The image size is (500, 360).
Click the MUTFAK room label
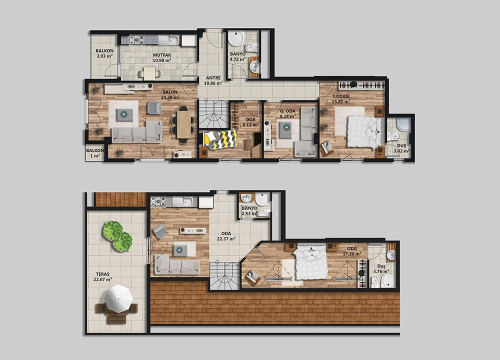pos(162,55)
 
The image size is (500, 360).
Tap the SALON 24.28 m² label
pos(170,94)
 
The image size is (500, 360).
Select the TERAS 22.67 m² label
pos(102,277)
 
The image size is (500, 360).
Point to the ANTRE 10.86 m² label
pos(213,80)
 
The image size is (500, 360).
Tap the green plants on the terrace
pos(117,235)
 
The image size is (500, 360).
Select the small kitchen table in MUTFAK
pos(149,73)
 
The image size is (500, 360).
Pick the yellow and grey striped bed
pos(220,139)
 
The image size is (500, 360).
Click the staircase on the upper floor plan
pos(214,114)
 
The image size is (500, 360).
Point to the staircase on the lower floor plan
pos(224,275)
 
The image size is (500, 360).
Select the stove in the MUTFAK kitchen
pos(137,39)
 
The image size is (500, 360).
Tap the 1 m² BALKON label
pos(94,153)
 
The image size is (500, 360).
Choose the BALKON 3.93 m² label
pos(104,53)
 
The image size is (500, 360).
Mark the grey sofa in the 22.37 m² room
pos(177,265)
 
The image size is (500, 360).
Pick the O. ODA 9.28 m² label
pos(287,113)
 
